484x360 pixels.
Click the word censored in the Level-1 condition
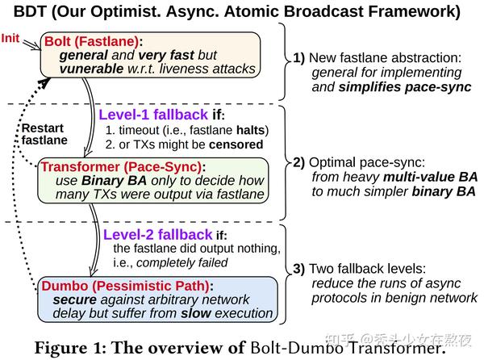tap(234, 144)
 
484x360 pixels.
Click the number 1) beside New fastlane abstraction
tap(300, 59)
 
